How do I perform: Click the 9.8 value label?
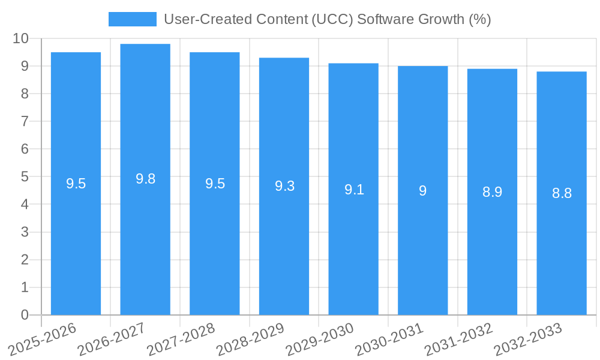point(145,179)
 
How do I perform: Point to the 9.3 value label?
point(284,186)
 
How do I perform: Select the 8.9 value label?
point(492,192)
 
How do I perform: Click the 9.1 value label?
point(354,190)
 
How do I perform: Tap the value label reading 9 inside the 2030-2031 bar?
point(423,191)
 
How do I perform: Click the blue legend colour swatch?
point(132,19)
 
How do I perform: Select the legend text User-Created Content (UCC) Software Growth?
point(328,19)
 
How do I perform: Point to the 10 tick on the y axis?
point(20,38)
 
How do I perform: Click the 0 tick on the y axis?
point(25,315)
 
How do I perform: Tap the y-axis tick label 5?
point(25,177)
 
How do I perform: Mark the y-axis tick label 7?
point(25,121)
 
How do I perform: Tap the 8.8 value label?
point(562,193)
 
